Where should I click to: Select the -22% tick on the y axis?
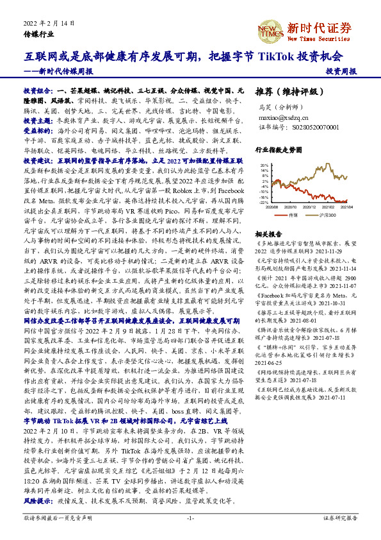click(264, 202)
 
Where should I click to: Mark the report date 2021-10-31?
click(320, 303)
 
